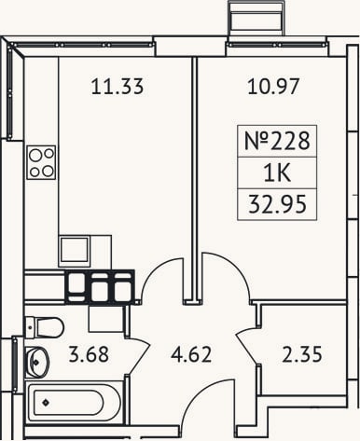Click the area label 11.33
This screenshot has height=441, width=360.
(118, 86)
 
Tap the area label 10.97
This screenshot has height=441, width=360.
(273, 86)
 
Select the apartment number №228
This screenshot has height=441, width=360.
(277, 141)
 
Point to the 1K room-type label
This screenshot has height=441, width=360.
(277, 173)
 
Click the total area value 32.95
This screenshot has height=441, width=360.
(277, 204)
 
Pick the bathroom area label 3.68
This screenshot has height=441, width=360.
(89, 354)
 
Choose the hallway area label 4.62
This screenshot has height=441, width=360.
(191, 354)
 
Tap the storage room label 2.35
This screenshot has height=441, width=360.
(302, 354)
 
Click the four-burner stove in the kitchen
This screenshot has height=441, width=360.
(41, 162)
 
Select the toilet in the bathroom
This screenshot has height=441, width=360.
(44, 327)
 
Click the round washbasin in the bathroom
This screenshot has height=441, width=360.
(36, 362)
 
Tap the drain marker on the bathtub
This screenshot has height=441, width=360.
(46, 403)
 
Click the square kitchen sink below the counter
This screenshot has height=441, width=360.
(75, 251)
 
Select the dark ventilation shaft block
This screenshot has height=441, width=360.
(100, 286)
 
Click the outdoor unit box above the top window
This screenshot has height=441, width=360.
(256, 19)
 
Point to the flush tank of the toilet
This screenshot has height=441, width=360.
(30, 327)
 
